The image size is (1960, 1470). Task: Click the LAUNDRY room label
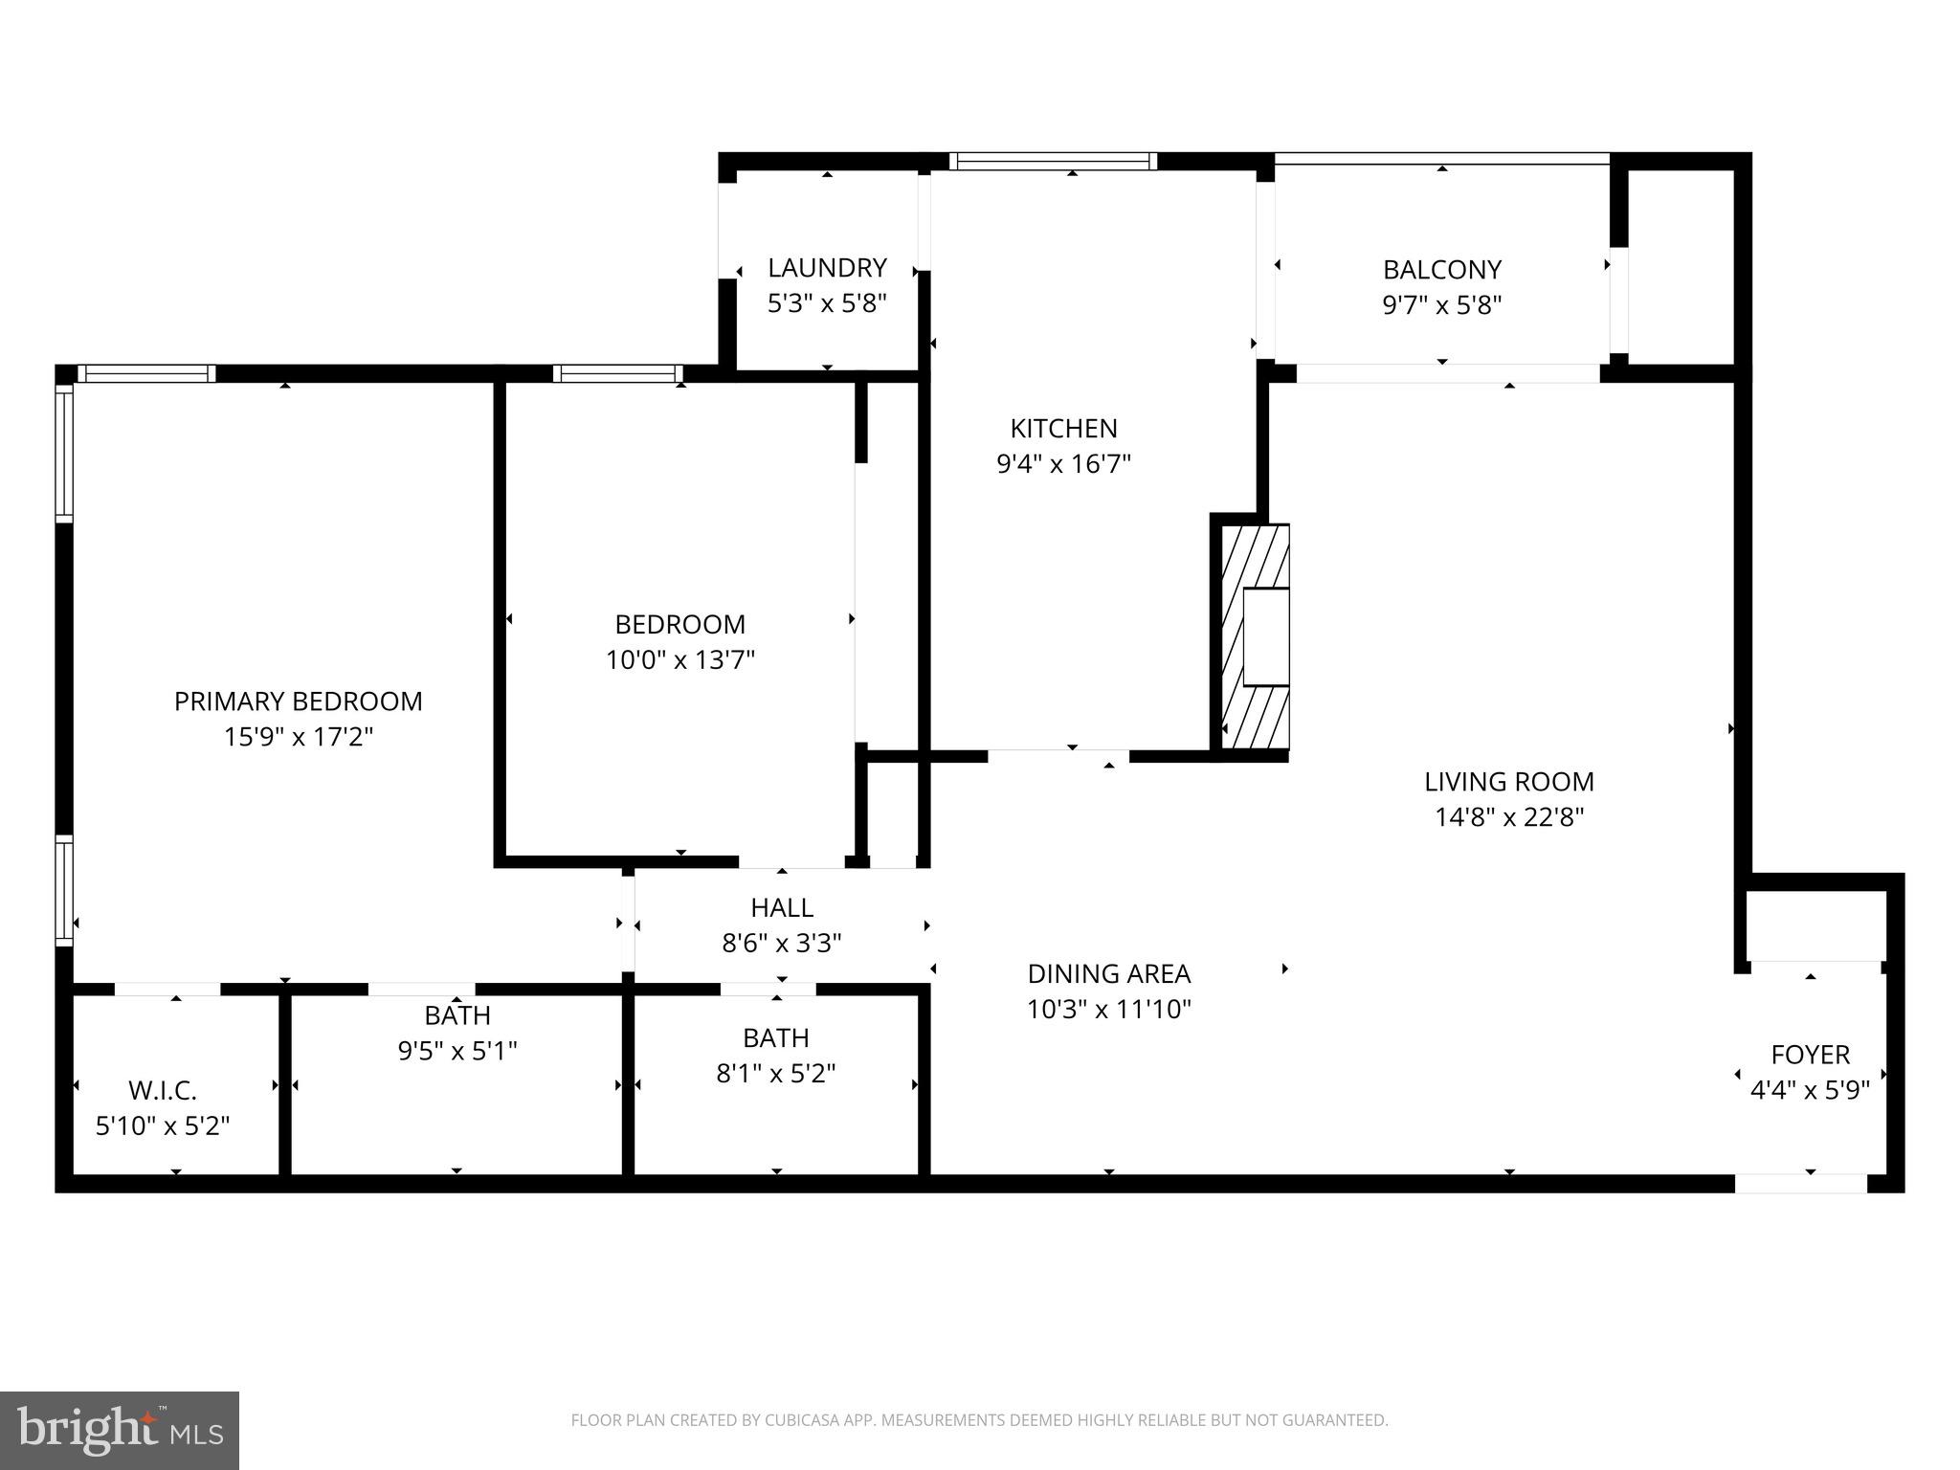tap(827, 268)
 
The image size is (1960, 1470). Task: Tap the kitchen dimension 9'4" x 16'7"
tap(1063, 464)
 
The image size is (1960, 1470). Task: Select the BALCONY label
tap(1441, 269)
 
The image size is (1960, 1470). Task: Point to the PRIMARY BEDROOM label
tap(298, 702)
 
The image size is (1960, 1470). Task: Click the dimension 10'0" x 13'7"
tap(679, 660)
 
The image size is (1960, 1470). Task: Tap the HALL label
tap(781, 907)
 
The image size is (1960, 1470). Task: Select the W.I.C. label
tap(163, 1090)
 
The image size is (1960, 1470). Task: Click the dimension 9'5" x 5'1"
tap(457, 1051)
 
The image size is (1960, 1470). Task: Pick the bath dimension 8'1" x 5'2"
tap(775, 1074)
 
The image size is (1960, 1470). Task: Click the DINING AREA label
tap(1108, 973)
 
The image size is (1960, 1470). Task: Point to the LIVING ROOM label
tap(1508, 782)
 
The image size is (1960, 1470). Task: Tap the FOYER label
tap(1809, 1055)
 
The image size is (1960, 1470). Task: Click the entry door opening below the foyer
tap(1800, 1184)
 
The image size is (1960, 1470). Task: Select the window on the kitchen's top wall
tap(1053, 162)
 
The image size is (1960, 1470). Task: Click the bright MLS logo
tap(119, 1430)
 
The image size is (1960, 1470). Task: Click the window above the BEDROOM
tap(618, 373)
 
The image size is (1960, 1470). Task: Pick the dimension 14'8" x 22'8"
tap(1508, 817)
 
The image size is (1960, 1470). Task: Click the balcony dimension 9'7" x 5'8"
tap(1441, 305)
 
